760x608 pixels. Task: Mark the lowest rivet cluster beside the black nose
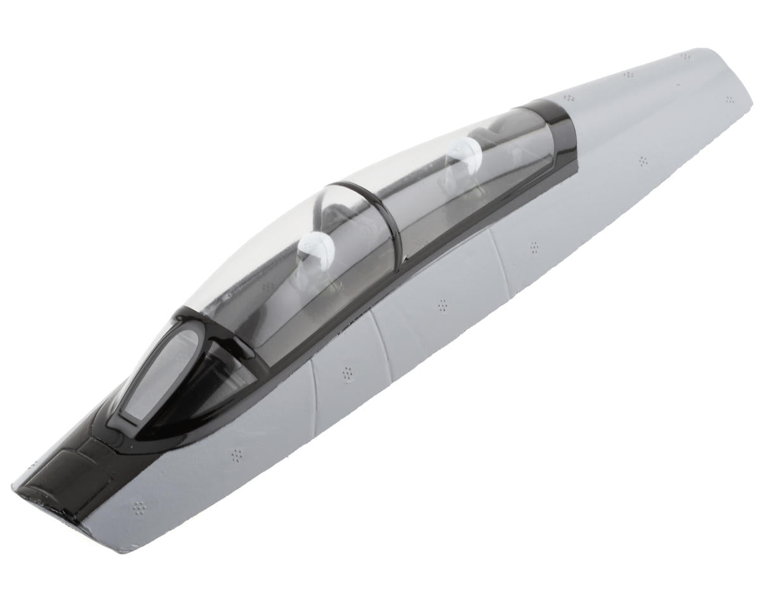[x=139, y=507]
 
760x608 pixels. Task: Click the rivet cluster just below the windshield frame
[x=236, y=454]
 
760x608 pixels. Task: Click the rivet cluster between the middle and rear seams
[x=443, y=306]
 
